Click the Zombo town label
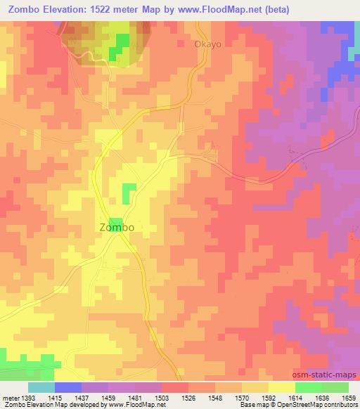[117, 228]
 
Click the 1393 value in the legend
[27, 397]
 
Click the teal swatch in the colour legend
[41, 387]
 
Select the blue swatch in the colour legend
[68, 387]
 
